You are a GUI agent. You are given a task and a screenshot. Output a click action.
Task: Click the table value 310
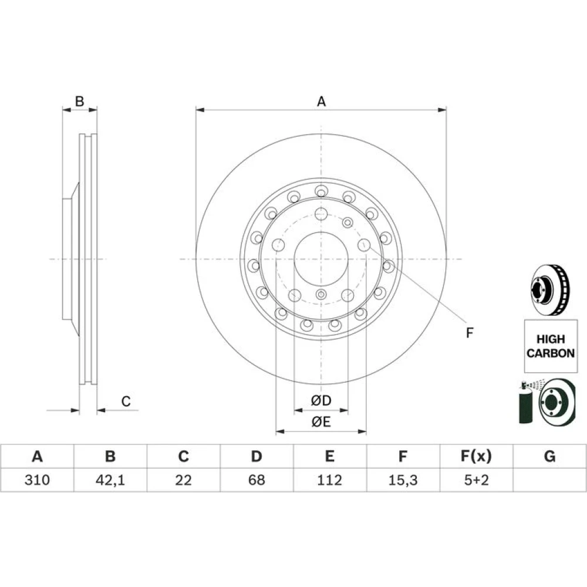(x=37, y=480)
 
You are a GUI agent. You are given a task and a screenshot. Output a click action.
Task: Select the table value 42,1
(x=110, y=480)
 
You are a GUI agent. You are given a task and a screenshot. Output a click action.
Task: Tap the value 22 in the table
(x=183, y=480)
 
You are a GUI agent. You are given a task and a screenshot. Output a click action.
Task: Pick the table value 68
(x=257, y=480)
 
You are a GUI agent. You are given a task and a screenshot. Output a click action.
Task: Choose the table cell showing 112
(x=329, y=480)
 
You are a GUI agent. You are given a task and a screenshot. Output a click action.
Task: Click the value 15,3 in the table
(x=403, y=480)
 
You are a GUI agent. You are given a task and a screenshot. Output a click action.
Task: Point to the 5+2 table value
(x=476, y=480)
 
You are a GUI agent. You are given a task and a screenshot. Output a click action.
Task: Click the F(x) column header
(x=476, y=456)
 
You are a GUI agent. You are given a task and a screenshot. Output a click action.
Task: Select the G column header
(x=549, y=456)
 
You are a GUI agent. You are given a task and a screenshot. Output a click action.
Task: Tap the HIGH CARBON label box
(x=551, y=346)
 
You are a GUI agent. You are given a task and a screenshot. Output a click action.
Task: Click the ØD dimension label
(x=321, y=400)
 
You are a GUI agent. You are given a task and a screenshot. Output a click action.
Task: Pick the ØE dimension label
(x=321, y=422)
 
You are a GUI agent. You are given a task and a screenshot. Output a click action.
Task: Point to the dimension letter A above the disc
(x=321, y=102)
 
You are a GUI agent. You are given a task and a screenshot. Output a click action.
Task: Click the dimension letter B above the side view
(x=79, y=101)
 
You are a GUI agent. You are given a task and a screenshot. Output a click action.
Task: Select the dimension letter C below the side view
(x=126, y=402)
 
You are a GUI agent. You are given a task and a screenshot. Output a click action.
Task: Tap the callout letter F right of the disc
(x=470, y=332)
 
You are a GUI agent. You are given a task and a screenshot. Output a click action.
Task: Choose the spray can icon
(x=525, y=403)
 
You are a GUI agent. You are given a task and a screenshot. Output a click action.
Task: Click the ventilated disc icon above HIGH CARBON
(x=551, y=290)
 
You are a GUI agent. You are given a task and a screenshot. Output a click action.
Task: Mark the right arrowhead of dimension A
(x=443, y=110)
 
